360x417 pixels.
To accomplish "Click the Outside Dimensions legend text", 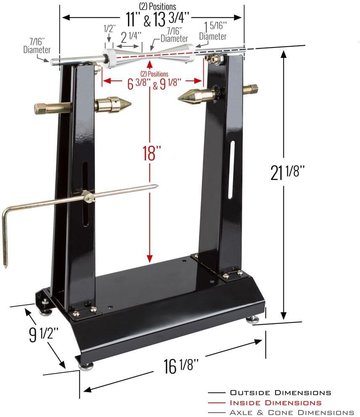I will [x=280, y=393].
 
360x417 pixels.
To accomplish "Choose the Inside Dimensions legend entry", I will [x=275, y=403].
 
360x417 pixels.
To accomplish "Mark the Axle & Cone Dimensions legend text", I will [x=291, y=412].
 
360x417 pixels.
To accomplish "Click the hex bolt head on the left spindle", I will [x=40, y=108].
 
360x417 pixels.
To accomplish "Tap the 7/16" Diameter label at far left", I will [x=37, y=46].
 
